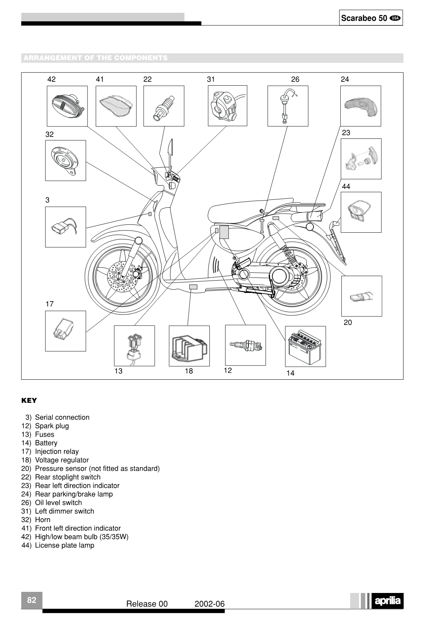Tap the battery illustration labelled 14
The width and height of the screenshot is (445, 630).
click(x=305, y=346)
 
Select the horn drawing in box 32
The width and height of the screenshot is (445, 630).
click(x=66, y=160)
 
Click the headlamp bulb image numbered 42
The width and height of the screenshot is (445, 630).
click(x=67, y=106)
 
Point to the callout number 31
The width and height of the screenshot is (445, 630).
click(x=211, y=79)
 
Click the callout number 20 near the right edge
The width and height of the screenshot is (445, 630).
click(x=348, y=322)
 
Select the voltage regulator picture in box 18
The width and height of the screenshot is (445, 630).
click(x=189, y=346)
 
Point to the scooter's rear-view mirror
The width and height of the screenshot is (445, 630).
click(x=171, y=147)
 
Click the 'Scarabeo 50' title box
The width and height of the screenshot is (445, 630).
click(x=371, y=18)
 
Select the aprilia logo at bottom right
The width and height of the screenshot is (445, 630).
click(x=387, y=601)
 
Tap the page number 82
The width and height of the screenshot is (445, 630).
click(x=32, y=600)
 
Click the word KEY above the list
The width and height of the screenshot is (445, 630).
click(x=29, y=401)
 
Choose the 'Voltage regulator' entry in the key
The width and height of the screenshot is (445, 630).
click(x=62, y=460)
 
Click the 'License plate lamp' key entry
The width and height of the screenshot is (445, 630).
click(x=64, y=545)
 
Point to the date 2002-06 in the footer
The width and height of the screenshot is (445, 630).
click(x=209, y=604)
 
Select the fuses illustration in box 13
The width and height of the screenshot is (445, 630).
click(x=134, y=346)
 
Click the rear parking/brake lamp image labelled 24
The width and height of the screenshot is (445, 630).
click(x=360, y=106)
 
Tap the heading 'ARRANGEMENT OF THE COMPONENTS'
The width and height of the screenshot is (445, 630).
click(x=95, y=58)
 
